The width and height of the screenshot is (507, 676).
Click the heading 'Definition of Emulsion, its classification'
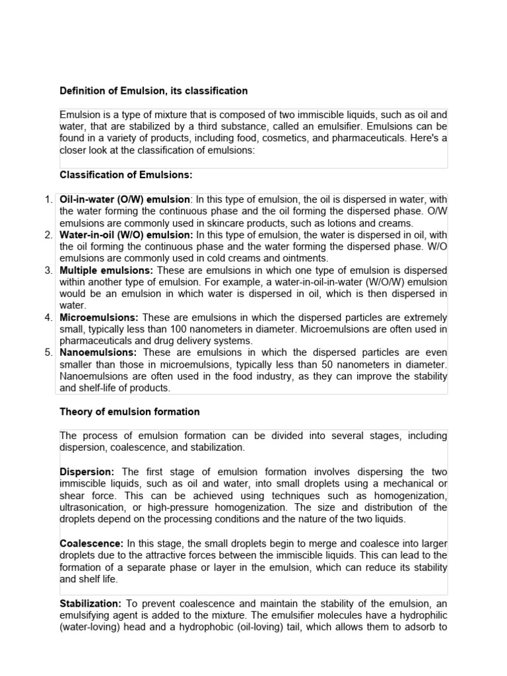click(154, 90)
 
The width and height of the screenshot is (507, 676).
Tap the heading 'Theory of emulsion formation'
click(129, 411)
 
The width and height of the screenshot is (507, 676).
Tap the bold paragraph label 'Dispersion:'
click(87, 471)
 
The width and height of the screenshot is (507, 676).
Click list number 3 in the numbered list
click(48, 271)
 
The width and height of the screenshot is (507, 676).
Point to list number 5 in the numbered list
click(48, 353)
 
